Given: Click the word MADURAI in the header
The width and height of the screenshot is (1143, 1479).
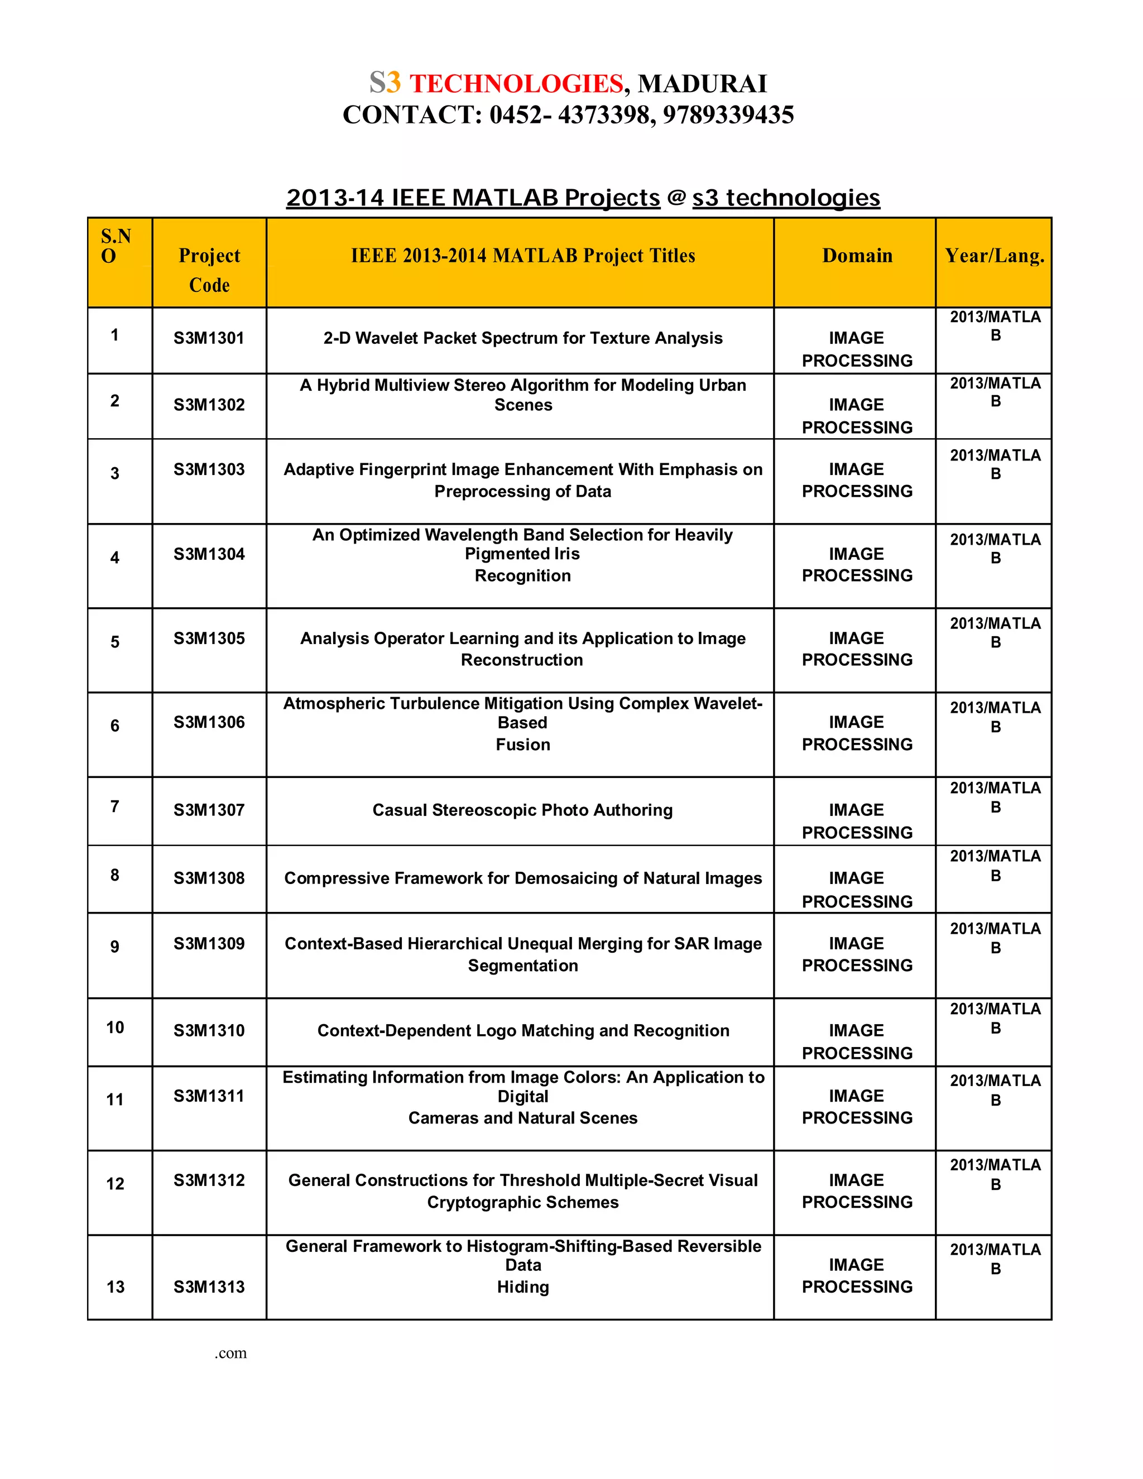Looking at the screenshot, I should tap(702, 84).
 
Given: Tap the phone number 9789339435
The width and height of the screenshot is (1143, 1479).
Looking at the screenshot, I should tap(728, 115).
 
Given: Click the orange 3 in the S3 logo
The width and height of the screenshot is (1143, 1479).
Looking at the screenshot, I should tap(393, 83).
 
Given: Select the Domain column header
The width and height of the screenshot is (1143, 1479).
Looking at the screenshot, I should tap(857, 256).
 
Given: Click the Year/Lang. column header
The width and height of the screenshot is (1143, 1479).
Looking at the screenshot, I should tap(994, 256).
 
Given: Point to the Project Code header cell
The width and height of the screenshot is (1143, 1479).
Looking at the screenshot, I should tap(209, 270).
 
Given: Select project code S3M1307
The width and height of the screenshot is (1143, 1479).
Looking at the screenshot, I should tap(209, 810).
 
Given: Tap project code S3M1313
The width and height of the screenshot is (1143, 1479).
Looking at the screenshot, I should tap(209, 1286).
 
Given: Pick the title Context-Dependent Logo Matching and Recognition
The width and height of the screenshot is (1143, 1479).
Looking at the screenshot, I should tap(523, 1031).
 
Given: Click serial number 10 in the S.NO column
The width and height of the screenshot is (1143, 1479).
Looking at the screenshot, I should tap(115, 1027).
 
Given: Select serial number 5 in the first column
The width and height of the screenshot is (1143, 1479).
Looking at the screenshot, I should tap(115, 642).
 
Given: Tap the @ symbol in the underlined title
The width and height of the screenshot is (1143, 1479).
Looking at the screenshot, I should tap(676, 198).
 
